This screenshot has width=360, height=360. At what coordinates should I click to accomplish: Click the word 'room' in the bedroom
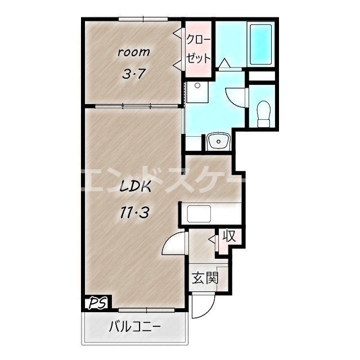click(x=134, y=52)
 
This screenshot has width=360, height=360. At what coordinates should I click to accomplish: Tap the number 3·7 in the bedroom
click(x=134, y=74)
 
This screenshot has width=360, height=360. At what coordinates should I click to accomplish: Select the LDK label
click(x=135, y=186)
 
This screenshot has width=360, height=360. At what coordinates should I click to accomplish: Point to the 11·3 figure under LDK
click(x=134, y=212)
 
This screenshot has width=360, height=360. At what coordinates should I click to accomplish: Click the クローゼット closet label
click(x=198, y=49)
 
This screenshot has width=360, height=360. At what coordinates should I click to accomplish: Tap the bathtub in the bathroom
click(x=261, y=44)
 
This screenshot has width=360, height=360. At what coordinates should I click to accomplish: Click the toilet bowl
click(x=263, y=114)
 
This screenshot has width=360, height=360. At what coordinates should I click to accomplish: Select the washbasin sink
click(x=218, y=141)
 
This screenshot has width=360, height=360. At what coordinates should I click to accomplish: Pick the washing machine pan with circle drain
click(x=197, y=92)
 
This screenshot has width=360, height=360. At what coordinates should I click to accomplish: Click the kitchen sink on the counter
click(x=199, y=214)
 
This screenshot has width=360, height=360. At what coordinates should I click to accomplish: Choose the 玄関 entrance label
click(x=205, y=278)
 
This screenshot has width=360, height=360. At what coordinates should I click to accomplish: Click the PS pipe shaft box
click(x=98, y=303)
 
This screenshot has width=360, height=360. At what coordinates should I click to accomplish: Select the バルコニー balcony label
click(x=134, y=327)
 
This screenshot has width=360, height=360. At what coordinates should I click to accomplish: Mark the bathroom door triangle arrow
click(x=224, y=63)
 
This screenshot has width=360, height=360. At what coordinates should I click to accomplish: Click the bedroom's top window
click(x=143, y=19)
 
